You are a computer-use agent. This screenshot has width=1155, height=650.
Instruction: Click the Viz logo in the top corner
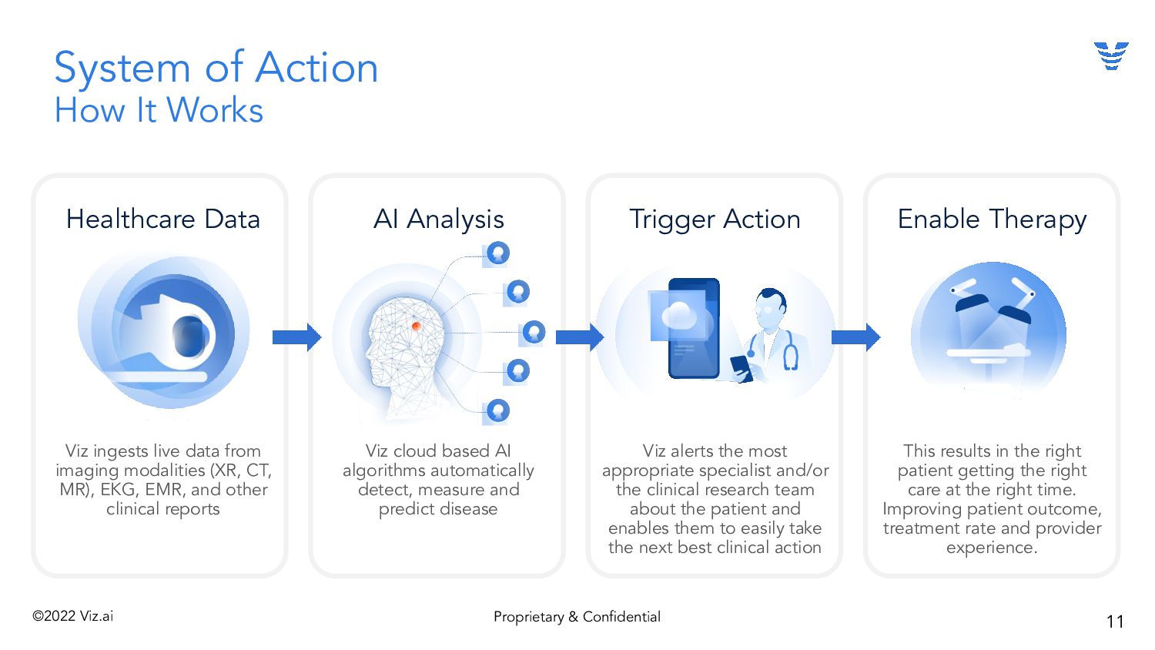click(1111, 56)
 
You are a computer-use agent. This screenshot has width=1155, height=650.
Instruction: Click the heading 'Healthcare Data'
click(163, 219)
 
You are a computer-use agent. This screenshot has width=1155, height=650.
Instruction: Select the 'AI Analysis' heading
click(439, 219)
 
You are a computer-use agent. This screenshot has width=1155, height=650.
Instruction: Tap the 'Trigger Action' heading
click(715, 219)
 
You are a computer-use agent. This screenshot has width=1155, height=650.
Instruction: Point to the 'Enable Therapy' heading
click(992, 219)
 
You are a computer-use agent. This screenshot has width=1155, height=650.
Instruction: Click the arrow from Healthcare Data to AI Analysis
click(296, 337)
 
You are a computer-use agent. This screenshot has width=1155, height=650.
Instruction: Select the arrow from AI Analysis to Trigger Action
click(579, 337)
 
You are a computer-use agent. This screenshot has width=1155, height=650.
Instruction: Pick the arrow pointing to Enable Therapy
click(855, 337)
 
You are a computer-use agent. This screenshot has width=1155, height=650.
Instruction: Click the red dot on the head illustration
click(416, 327)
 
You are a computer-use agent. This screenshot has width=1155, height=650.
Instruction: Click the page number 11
click(1115, 622)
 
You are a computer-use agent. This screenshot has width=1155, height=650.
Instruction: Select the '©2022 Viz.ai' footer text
click(73, 616)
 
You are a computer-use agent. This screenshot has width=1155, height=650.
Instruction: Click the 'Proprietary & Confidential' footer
click(577, 617)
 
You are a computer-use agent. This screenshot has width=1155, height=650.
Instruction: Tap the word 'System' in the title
click(122, 69)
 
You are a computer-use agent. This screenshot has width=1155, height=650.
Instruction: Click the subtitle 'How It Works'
click(159, 111)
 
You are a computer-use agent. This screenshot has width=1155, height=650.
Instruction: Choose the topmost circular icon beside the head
click(498, 253)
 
